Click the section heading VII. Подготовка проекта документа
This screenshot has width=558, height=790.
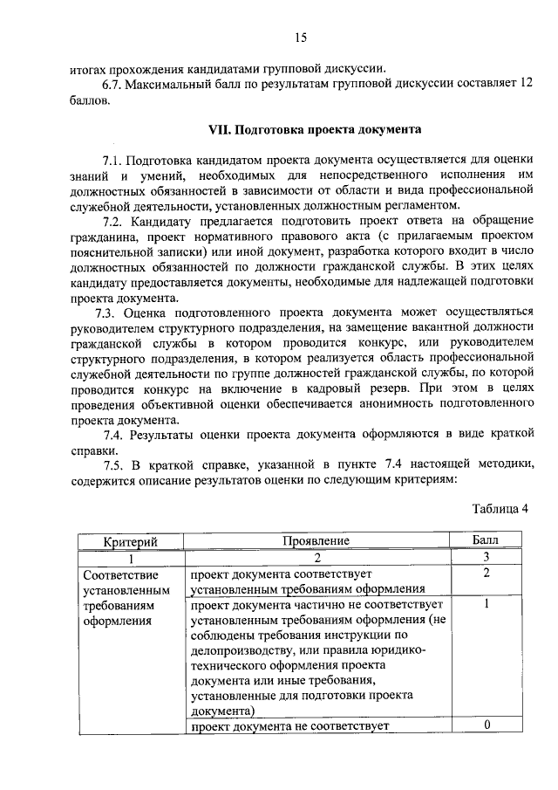click(x=314, y=129)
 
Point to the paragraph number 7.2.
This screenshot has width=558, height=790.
click(x=114, y=220)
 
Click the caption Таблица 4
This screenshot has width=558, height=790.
click(x=500, y=509)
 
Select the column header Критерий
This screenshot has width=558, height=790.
click(x=130, y=541)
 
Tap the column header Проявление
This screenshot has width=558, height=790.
click(x=316, y=541)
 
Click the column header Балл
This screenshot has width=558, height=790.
click(x=486, y=541)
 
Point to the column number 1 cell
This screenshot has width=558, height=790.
click(x=130, y=557)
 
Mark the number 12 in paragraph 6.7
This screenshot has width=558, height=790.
click(x=525, y=85)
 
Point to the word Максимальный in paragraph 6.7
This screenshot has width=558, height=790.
click(x=169, y=85)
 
